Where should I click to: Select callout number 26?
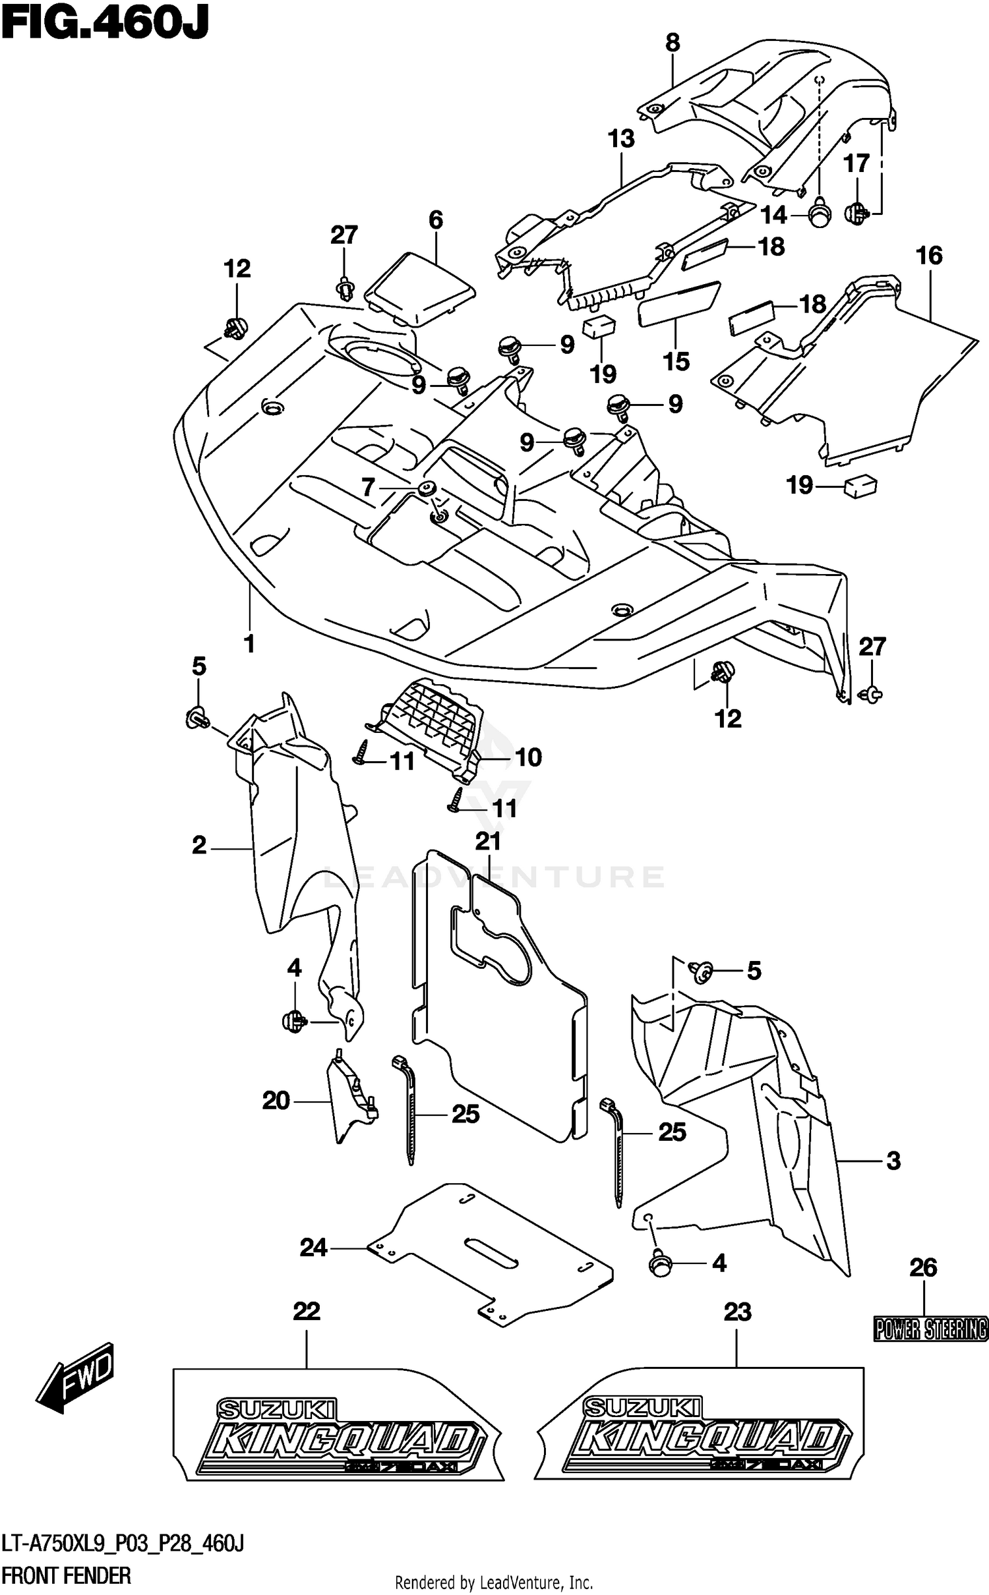[923, 1267]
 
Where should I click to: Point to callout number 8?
[672, 43]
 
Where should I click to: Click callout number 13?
[621, 139]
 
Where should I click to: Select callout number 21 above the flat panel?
[489, 841]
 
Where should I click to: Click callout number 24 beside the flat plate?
[313, 1248]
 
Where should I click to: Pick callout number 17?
[856, 162]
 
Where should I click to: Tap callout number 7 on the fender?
[368, 488]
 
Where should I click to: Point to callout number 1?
[249, 643]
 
